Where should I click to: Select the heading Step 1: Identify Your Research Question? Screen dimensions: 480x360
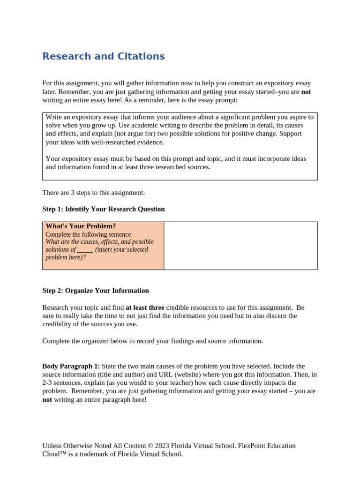[103, 209]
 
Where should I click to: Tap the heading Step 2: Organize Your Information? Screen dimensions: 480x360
[95, 291]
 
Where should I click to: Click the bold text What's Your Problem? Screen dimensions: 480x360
[81, 226]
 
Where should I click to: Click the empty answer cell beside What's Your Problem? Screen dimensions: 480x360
[240, 246]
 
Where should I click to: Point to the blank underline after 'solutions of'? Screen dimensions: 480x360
[85, 250]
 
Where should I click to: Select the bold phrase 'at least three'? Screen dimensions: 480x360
[145, 308]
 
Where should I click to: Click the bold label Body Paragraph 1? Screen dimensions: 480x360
[71, 366]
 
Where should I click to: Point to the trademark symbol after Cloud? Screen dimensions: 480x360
[67, 454]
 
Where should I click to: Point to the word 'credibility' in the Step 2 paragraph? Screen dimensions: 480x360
[58, 324]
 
